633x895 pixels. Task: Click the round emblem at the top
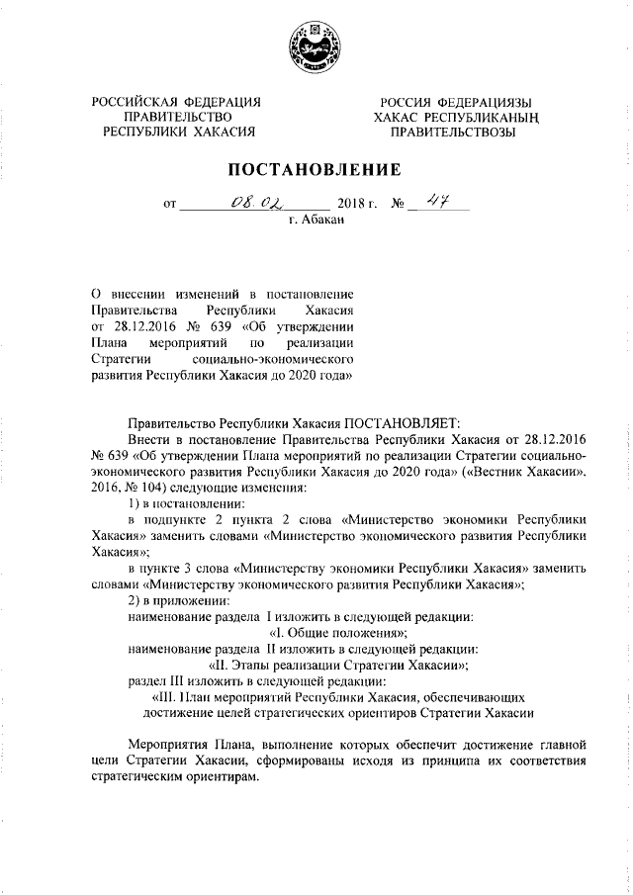click(315, 47)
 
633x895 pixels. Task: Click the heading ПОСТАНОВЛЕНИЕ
click(316, 169)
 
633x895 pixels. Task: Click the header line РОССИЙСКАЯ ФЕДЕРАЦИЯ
click(176, 102)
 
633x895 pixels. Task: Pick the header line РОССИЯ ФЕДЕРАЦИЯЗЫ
click(454, 102)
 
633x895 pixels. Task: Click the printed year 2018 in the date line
click(351, 206)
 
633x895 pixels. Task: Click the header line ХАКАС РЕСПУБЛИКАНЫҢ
click(454, 117)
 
